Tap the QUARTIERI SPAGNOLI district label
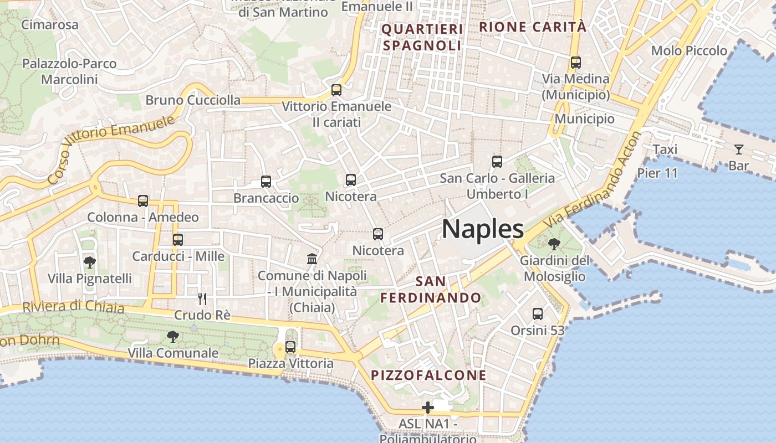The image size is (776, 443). pyautogui.click(x=422, y=37)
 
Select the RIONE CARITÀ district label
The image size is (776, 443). pyautogui.click(x=532, y=27)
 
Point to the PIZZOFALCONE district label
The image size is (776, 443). pyautogui.click(x=428, y=375)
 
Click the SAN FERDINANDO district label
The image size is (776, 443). pyautogui.click(x=431, y=290)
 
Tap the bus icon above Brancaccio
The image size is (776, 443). pyautogui.click(x=266, y=181)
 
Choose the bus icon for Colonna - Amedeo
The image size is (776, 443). pyautogui.click(x=143, y=200)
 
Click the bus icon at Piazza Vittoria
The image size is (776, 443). pyautogui.click(x=290, y=347)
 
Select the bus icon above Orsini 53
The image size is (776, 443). pyautogui.click(x=537, y=314)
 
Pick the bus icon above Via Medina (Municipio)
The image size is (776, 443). pyautogui.click(x=575, y=63)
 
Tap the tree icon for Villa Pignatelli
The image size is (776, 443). pyautogui.click(x=89, y=262)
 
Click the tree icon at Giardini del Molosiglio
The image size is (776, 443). pyautogui.click(x=554, y=244)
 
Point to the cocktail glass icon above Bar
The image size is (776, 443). pyautogui.click(x=738, y=149)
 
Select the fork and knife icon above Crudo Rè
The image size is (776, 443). pyautogui.click(x=202, y=299)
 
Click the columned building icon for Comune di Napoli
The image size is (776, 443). pyautogui.click(x=312, y=259)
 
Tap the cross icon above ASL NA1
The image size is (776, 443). pyautogui.click(x=427, y=408)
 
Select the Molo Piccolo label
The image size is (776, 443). pyautogui.click(x=689, y=51)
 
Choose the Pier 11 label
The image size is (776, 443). pyautogui.click(x=657, y=173)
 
